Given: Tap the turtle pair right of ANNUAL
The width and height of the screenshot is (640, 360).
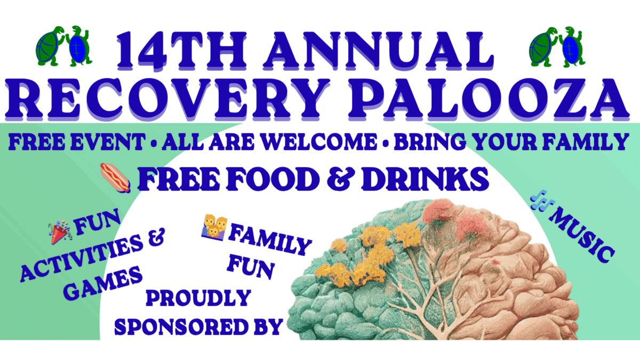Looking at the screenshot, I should pos(557,45).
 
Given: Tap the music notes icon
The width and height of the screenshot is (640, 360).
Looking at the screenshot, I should pos(542,203).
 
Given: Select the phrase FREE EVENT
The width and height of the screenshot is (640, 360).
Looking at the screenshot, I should pos(75,142).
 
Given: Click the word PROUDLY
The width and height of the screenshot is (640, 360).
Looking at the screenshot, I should pos(198,299).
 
